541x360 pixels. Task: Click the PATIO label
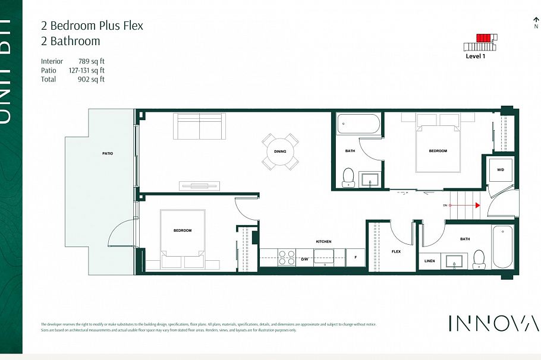point(108,153)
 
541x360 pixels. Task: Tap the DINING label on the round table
point(280,151)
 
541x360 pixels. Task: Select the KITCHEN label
point(323,242)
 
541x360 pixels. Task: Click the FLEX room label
point(396,251)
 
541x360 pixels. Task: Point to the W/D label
point(501,170)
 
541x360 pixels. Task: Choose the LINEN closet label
point(430,261)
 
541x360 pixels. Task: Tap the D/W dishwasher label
point(304,259)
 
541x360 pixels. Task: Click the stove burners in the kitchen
point(287,257)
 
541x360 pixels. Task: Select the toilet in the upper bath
point(349,176)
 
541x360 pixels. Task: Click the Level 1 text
point(476,56)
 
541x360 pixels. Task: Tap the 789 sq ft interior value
point(92,61)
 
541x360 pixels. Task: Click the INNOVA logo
point(493,324)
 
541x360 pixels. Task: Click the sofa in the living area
point(199,125)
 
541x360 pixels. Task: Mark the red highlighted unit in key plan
point(484,38)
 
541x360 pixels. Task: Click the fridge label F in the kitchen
point(356,258)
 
